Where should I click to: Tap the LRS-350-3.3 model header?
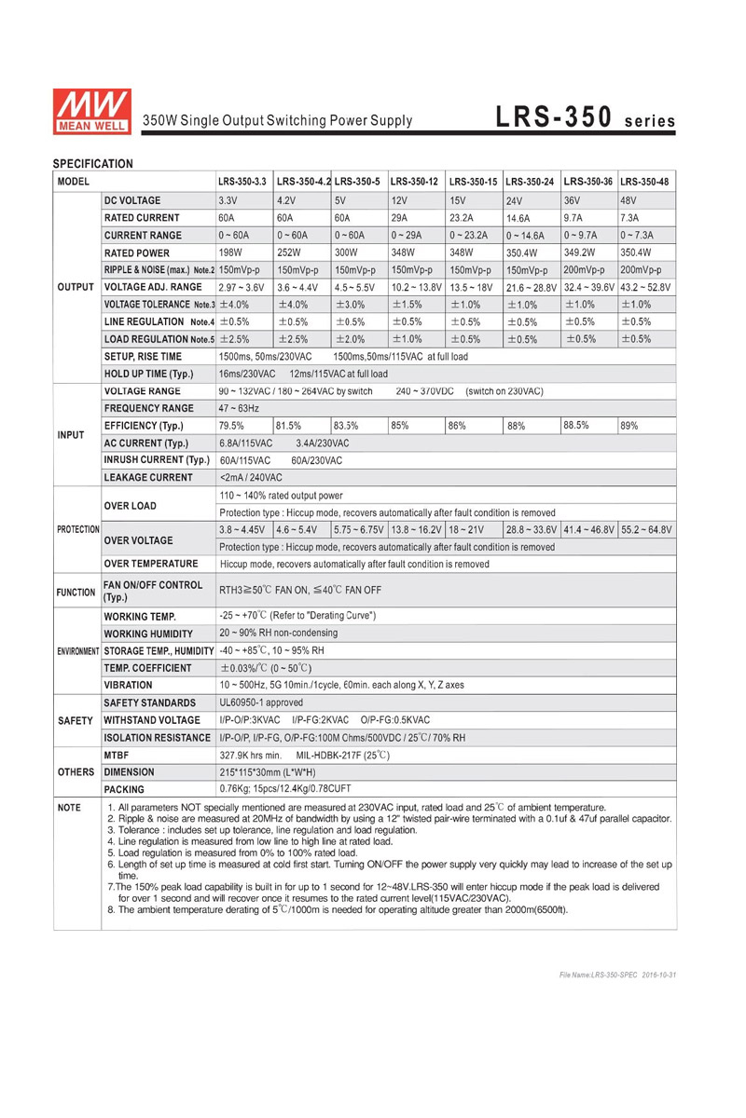[242, 181]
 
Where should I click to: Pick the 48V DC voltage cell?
[631, 200]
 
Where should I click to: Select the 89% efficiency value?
[629, 426]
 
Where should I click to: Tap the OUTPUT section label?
[75, 287]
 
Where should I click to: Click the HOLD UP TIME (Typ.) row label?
[149, 374]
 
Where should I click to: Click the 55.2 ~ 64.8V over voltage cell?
[646, 529]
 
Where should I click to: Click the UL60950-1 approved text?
[260, 702]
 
